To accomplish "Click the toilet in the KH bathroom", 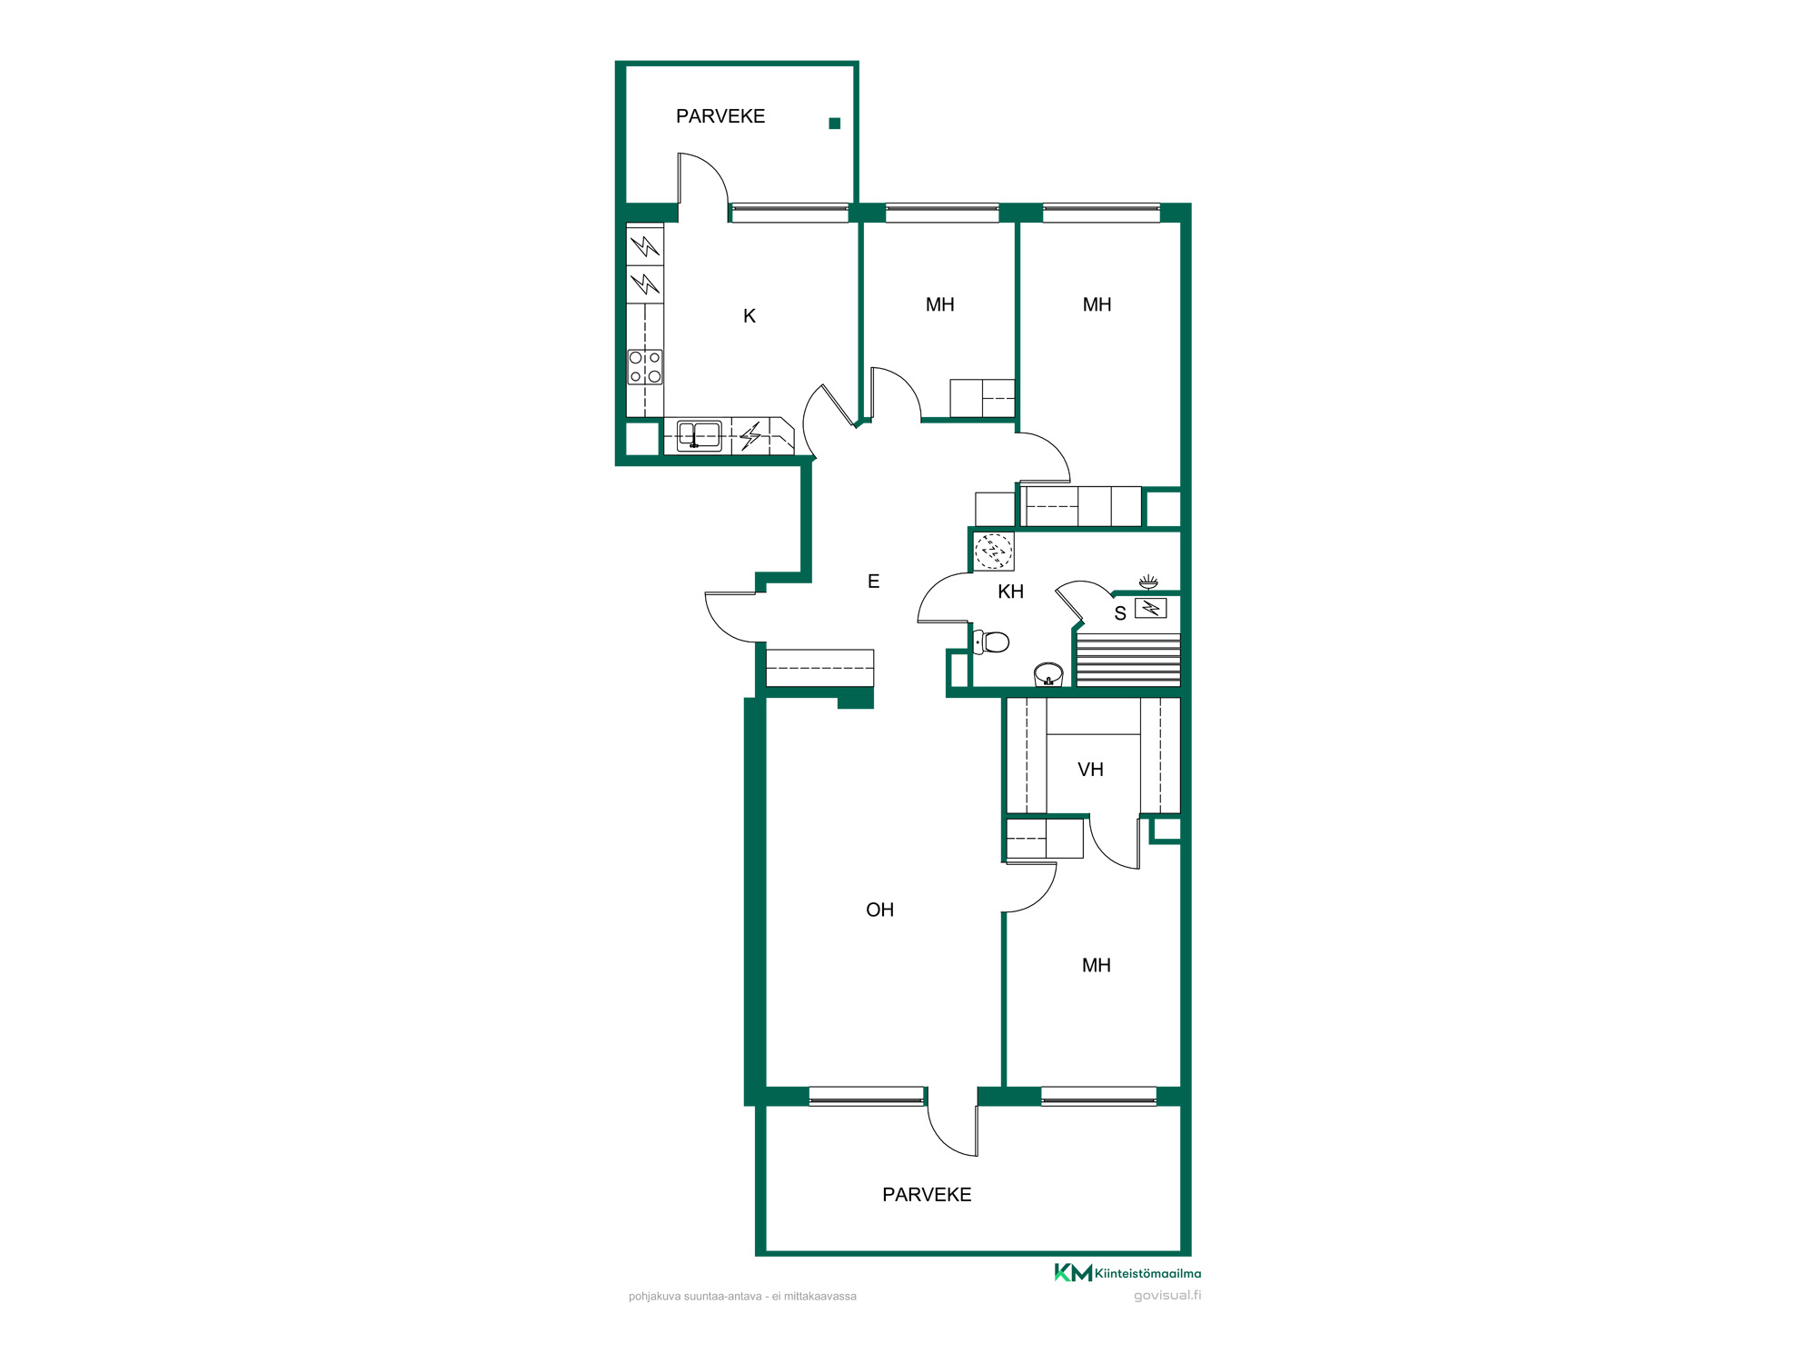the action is [x=991, y=642].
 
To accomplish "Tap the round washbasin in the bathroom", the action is [x=1048, y=674].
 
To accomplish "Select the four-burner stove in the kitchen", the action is [x=645, y=367].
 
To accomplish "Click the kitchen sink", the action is [x=700, y=435].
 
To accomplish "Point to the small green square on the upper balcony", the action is [x=835, y=124].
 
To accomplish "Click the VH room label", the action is [x=1090, y=770].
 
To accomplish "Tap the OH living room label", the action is [x=879, y=910].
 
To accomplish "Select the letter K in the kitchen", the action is [x=750, y=316].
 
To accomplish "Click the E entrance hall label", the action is [x=873, y=582].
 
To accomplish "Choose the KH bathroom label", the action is [x=1010, y=592].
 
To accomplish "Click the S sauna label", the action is [x=1120, y=613].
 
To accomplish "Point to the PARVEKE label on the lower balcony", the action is [x=927, y=1195].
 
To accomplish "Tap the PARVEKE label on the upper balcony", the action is [x=720, y=116].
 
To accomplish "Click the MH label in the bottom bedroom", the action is [x=1097, y=965].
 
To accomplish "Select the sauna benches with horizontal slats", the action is [x=1127, y=660].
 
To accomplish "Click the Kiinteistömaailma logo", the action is [x=1127, y=1273].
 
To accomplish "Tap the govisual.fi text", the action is [x=1167, y=1296].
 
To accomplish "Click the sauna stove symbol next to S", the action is [x=1151, y=608].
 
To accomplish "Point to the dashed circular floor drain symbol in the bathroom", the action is [x=993, y=551].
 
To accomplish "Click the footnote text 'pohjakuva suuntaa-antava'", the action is [x=695, y=1297].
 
